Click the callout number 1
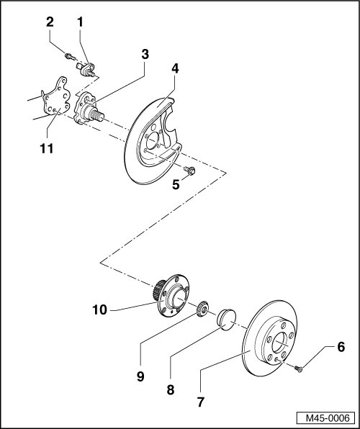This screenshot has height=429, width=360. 80,22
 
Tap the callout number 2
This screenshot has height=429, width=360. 50,22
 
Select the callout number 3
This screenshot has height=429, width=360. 145,55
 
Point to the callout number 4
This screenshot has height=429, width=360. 175,68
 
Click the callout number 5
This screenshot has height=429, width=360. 176,185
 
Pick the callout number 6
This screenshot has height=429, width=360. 341,347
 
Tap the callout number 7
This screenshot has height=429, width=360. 201,402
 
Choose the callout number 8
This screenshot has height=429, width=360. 171,390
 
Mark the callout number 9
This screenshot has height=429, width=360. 140,376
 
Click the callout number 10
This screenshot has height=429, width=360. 100,310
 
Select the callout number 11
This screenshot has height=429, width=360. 47,148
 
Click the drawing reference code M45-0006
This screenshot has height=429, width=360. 328,418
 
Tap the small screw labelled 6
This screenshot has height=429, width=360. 298,369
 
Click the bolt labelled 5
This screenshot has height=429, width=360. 189,170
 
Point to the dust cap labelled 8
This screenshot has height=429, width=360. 226,320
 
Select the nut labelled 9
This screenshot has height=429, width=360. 203,308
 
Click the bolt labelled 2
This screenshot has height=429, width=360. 70,57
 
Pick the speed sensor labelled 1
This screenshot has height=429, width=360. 86,69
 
